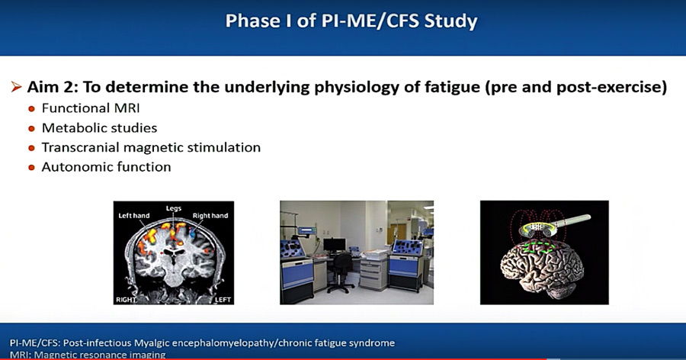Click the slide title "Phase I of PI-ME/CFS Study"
pyautogui.click(x=351, y=21)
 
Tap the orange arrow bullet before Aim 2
pyautogui.click(x=16, y=87)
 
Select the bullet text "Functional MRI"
pyautogui.click(x=91, y=108)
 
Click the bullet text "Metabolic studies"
pyautogui.click(x=99, y=128)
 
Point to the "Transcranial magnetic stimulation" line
pyautogui.click(x=151, y=148)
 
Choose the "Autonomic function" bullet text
pyautogui.click(x=106, y=167)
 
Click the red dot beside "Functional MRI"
pyautogui.click(x=31, y=109)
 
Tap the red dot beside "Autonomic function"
pyautogui.click(x=31, y=168)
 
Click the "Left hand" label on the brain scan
pyautogui.click(x=134, y=216)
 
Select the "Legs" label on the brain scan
pyautogui.click(x=173, y=208)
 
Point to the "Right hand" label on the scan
pyautogui.click(x=210, y=216)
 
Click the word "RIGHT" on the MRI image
pyautogui.click(x=126, y=300)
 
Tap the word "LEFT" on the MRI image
pyautogui.click(x=223, y=300)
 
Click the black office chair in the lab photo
pyautogui.click(x=340, y=272)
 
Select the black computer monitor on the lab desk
pyautogui.click(x=335, y=245)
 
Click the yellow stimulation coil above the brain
pyautogui.click(x=540, y=227)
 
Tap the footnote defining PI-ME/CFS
pyautogui.click(x=202, y=343)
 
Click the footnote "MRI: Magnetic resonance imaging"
pyautogui.click(x=88, y=355)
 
